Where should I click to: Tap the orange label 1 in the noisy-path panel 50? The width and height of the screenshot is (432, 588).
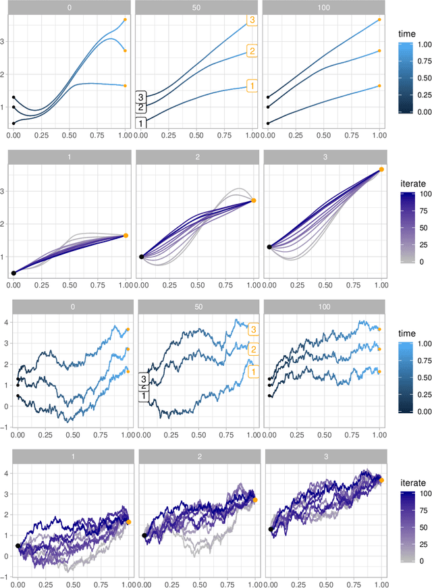tap(252, 371)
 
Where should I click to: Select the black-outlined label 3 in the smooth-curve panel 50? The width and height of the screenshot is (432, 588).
tap(141, 96)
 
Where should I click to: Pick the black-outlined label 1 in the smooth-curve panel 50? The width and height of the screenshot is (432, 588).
tap(141, 123)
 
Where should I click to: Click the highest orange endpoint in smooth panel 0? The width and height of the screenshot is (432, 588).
tap(126, 20)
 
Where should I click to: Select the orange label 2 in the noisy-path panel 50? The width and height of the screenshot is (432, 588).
tap(252, 349)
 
